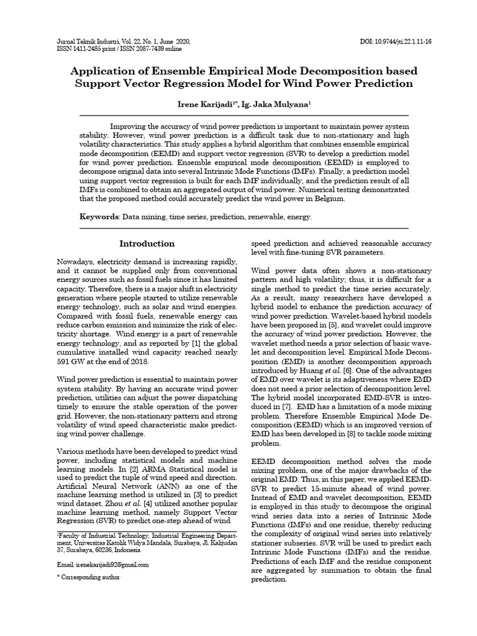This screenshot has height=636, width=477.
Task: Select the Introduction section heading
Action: [147, 243]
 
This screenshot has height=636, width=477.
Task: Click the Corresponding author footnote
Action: [89, 577]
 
